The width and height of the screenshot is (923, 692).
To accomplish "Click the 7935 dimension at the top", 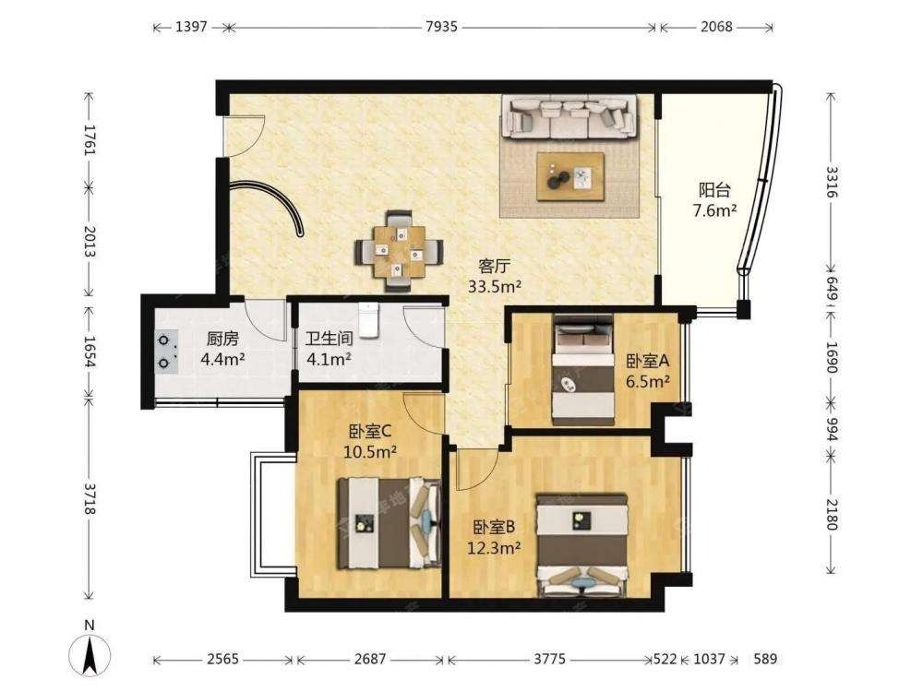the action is click(441, 27).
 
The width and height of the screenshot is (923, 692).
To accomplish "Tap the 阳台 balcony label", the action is click(714, 190).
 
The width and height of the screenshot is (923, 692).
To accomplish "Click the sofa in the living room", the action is click(569, 118).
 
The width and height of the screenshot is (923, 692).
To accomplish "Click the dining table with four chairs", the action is click(399, 251).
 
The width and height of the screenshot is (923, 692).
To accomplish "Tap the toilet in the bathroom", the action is click(368, 321).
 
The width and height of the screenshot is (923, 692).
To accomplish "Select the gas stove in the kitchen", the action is click(167, 352).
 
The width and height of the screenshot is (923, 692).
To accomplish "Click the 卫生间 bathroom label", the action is click(330, 339).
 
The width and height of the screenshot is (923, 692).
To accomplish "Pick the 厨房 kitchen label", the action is click(222, 339).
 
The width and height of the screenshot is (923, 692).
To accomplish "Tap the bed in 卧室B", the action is click(582, 545).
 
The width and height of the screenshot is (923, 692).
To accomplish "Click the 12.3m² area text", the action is click(494, 548).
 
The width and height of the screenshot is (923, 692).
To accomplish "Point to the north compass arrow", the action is click(90, 654).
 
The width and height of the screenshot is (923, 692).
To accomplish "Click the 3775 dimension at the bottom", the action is click(550, 659).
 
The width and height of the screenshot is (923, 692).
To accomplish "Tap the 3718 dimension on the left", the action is click(90, 499).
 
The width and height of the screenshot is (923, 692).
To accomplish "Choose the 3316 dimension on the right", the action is click(831, 182).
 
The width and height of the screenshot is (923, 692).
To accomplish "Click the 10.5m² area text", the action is click(370, 451).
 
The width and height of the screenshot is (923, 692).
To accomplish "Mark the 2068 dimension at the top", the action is click(716, 27).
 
